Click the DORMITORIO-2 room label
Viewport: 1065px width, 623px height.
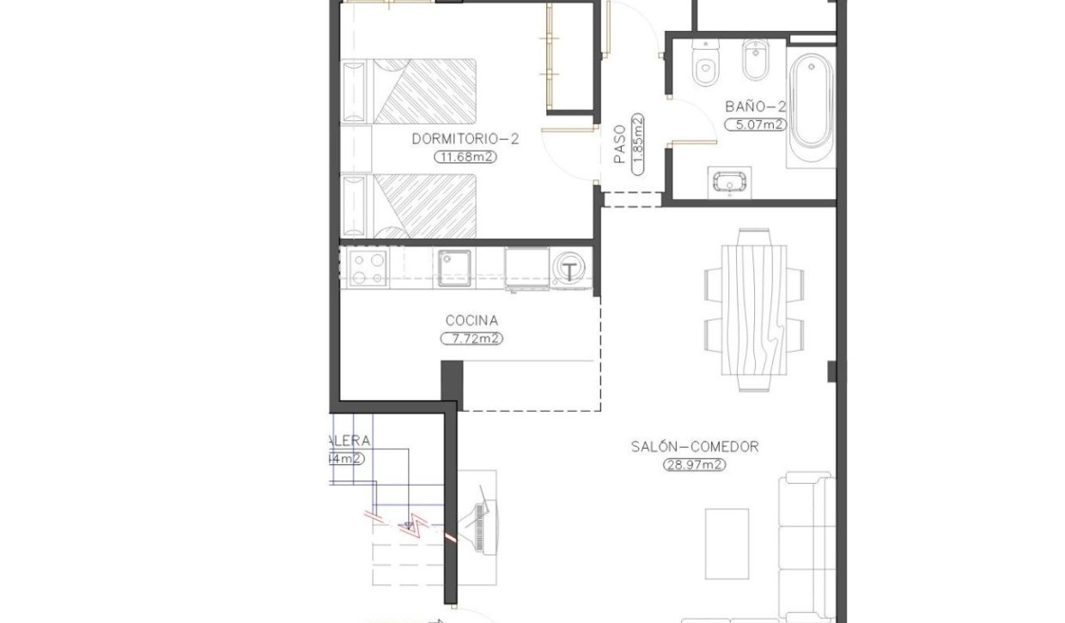coord(465,138)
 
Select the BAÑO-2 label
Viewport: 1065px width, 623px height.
coord(756,106)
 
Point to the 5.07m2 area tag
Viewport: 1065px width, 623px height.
coord(755,124)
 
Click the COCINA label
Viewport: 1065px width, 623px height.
coord(472,321)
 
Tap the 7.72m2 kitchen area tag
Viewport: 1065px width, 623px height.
coord(472,339)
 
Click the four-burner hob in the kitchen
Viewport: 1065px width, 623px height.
coord(365,267)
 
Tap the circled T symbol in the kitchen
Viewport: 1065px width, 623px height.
coord(570,270)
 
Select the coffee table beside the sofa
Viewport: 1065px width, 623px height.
coord(727,542)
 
